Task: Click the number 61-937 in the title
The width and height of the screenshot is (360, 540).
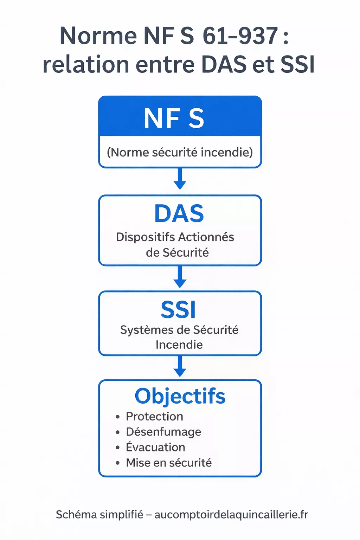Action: [x=241, y=36]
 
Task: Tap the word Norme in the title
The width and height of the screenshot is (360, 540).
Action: [x=98, y=36]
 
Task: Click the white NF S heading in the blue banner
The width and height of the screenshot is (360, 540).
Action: [x=174, y=118]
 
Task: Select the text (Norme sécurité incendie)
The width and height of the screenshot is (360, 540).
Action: [x=180, y=152]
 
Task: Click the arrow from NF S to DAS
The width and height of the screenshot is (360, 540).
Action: [x=180, y=179]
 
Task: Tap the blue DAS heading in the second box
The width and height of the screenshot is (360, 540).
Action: [x=179, y=214]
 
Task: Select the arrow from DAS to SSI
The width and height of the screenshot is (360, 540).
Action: [x=180, y=277]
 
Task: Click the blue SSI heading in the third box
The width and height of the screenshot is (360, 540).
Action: [x=178, y=310]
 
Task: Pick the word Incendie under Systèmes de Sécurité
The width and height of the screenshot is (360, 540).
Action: [x=179, y=345]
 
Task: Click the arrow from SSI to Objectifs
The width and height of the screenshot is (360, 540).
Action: [x=180, y=367]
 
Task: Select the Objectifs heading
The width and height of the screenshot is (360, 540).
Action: [x=180, y=397]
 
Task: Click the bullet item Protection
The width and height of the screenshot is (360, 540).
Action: [x=154, y=417]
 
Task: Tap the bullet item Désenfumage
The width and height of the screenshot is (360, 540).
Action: [x=163, y=432]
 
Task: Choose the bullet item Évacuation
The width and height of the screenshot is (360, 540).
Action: [x=155, y=447]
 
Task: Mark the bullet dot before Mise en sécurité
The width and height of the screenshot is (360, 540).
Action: [x=118, y=463]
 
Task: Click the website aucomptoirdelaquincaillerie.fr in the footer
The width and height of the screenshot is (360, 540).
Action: [x=231, y=515]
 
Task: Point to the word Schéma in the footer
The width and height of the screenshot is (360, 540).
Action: [x=76, y=515]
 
